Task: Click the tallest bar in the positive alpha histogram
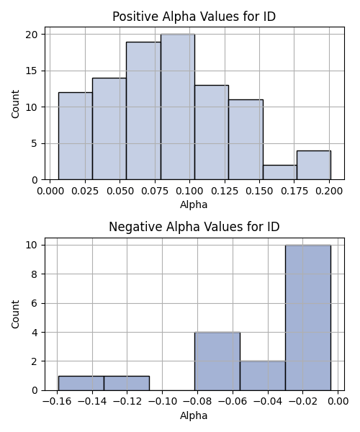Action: coord(178,107)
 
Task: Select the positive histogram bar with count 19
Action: coord(143,111)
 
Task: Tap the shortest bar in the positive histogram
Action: coord(280,173)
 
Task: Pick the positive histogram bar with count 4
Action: coord(314,165)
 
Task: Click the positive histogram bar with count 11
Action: coord(246,140)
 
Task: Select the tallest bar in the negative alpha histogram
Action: coord(308,318)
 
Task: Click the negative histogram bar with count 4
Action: coord(217,361)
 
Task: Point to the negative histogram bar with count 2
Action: coord(263,376)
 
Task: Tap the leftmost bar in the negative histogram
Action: coord(81,383)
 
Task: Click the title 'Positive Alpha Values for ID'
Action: coord(194,17)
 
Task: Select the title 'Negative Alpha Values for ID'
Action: coord(194,227)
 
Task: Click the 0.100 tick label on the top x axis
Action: coord(189,191)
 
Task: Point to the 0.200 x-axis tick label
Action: coord(329,191)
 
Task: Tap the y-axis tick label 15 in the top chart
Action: coord(32,71)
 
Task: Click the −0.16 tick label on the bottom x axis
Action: coord(57,402)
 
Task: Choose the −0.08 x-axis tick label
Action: coord(197,402)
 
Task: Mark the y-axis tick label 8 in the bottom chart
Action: coord(35,274)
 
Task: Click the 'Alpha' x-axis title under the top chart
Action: coord(194,204)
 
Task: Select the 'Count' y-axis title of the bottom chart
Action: coord(15,314)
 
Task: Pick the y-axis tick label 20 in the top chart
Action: coord(32,35)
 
